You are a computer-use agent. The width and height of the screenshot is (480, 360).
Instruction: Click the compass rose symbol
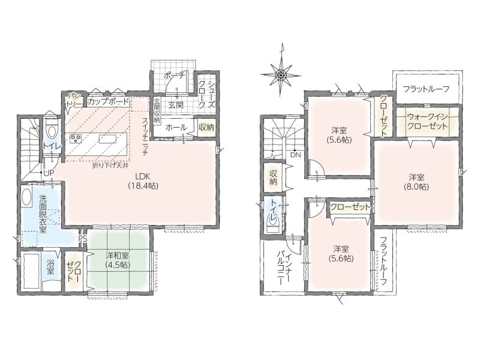point(280,74)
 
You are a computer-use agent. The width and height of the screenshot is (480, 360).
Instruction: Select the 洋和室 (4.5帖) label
point(118,260)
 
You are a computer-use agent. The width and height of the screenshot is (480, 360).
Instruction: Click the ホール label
point(176,127)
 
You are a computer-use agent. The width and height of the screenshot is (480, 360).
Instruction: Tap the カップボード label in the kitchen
point(109,101)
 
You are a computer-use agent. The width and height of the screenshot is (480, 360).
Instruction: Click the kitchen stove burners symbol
point(76,139)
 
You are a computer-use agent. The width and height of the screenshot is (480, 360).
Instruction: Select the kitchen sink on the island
point(107,139)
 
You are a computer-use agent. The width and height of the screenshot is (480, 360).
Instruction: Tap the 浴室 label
point(50,266)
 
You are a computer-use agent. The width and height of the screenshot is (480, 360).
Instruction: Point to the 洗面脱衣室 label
point(43,214)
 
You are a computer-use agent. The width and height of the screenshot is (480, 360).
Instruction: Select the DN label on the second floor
point(296,155)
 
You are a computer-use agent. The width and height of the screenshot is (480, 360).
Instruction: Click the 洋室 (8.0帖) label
point(416,182)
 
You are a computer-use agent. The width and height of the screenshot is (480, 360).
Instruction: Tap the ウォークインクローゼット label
point(428,121)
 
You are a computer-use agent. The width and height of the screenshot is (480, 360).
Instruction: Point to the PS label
point(83,238)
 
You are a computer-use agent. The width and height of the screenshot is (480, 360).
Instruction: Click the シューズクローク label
point(206,94)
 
